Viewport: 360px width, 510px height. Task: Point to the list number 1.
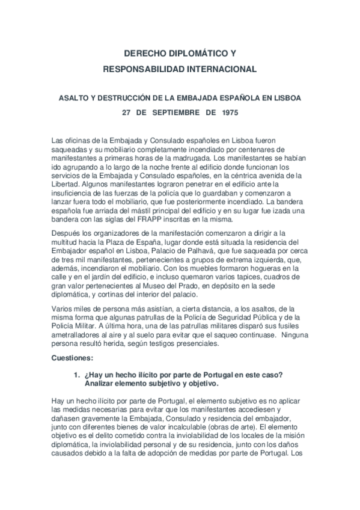[76, 375]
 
